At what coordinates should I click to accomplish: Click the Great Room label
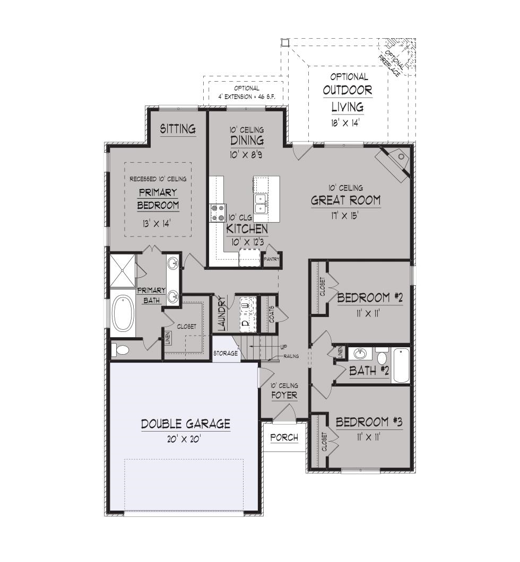[345, 200]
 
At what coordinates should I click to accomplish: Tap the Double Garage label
[185, 424]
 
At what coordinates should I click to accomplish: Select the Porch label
[284, 437]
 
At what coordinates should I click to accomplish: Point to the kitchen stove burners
[218, 213]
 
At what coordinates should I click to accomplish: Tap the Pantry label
[272, 259]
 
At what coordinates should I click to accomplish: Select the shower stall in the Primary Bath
[123, 270]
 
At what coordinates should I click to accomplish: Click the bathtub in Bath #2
[401, 366]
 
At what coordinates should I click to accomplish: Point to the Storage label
[226, 354]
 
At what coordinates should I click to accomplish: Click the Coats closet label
[272, 314]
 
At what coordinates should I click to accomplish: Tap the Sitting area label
[178, 128]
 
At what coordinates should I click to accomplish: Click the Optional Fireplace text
[393, 64]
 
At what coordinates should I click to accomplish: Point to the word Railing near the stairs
[291, 356]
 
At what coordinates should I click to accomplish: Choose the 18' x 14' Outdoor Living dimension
[345, 123]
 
